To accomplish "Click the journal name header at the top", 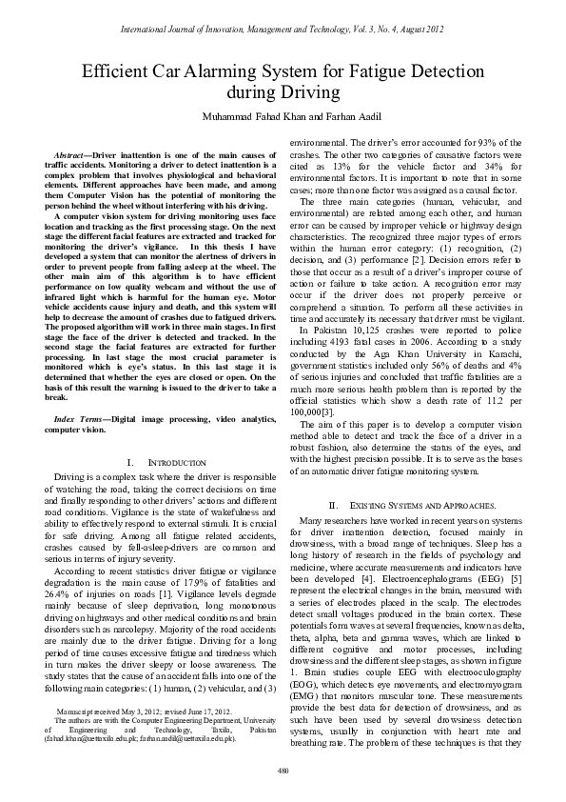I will click(x=283, y=30).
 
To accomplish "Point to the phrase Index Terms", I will click(x=80, y=420).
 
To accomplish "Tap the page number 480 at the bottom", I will click(x=283, y=768).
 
